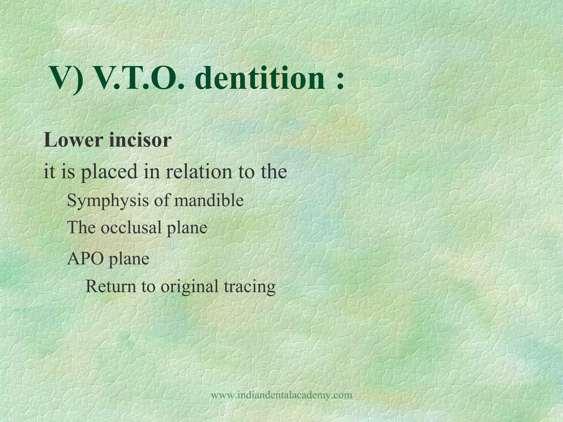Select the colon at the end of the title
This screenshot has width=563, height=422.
[340, 81]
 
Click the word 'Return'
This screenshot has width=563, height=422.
[111, 286]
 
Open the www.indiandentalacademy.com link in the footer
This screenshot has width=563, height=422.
[281, 395]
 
